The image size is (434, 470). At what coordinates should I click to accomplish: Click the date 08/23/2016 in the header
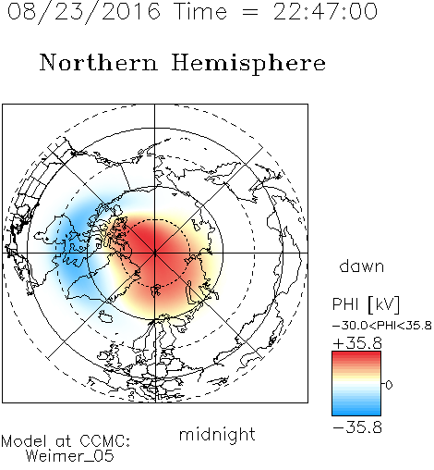84,12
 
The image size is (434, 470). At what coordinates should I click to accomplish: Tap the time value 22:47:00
325,12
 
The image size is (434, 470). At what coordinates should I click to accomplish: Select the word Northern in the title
99,62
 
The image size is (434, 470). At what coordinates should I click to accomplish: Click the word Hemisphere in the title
248,64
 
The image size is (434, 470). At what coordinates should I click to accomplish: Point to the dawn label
362,266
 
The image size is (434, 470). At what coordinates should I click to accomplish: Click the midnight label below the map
217,435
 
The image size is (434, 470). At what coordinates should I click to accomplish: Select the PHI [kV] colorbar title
366,304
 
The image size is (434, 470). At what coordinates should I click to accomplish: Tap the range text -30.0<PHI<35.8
382,326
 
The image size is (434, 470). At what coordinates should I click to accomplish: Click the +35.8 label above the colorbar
357,343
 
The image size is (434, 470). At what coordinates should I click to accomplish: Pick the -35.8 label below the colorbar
357,427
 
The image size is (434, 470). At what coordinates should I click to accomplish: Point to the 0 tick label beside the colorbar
389,385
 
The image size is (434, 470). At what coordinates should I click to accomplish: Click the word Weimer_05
70,456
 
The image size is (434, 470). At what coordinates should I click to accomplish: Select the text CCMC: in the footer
105,441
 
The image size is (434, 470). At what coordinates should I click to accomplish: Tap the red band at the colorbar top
356,356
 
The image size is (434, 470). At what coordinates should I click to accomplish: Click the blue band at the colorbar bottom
356,411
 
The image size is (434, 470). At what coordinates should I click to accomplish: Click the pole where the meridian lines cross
155,253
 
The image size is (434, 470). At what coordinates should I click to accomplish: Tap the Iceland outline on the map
105,316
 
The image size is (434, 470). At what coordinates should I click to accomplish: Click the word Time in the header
200,12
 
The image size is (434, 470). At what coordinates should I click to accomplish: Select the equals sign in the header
250,12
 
